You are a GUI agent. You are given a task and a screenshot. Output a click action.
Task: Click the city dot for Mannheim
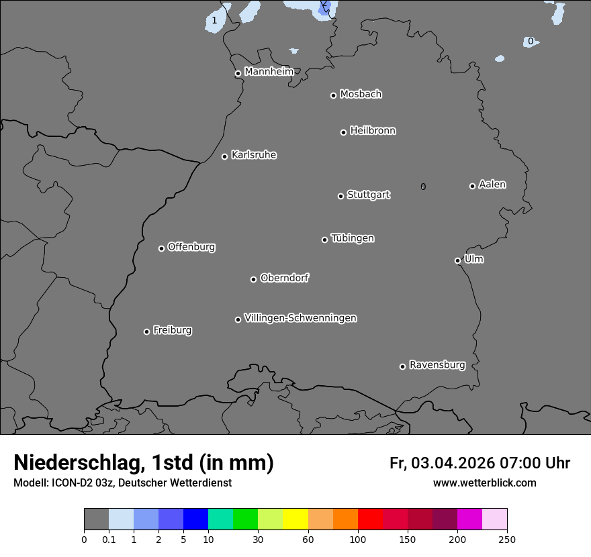point(238,74)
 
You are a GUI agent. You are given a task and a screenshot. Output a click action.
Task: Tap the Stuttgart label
point(368,195)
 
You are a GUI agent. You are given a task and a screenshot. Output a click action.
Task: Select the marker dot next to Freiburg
point(146,332)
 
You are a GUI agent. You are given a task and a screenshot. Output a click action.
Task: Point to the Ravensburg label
point(437,365)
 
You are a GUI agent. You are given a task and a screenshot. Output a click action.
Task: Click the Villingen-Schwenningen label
point(300,318)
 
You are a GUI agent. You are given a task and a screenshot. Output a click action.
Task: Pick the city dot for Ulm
point(457,260)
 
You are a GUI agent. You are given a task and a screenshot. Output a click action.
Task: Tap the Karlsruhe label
point(253,155)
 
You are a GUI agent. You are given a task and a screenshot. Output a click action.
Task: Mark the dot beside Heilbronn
point(343,132)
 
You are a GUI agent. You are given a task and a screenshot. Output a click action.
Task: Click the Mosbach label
point(360,94)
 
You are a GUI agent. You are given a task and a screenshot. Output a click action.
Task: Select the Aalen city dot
point(472,186)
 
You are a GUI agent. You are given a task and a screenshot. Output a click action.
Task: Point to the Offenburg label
point(191,247)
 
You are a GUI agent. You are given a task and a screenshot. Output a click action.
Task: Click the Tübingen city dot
point(324,240)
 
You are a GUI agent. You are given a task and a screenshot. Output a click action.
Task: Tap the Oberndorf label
point(284,278)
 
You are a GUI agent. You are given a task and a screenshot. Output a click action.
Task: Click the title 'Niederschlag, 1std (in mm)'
point(144,462)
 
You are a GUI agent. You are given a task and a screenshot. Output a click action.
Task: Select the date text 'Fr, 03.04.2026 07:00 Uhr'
point(480,463)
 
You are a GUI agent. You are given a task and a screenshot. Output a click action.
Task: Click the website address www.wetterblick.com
point(484,483)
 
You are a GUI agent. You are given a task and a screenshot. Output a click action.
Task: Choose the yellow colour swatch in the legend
point(295,519)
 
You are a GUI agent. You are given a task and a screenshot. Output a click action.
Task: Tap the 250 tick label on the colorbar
point(507,539)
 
